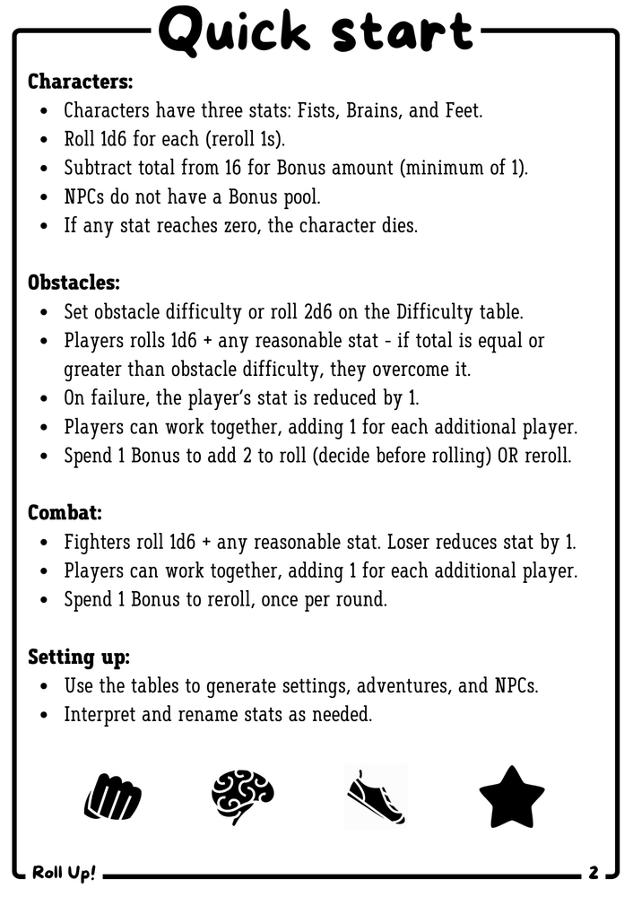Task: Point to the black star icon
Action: [511, 797]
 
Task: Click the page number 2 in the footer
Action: [594, 872]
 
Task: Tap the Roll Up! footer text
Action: [64, 872]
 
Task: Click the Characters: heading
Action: [80, 82]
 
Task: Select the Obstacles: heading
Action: [74, 283]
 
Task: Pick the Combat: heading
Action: [65, 513]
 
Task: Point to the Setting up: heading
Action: [79, 657]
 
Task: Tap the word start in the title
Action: [401, 32]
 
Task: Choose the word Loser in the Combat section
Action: [427, 542]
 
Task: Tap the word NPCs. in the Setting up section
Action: [517, 686]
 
